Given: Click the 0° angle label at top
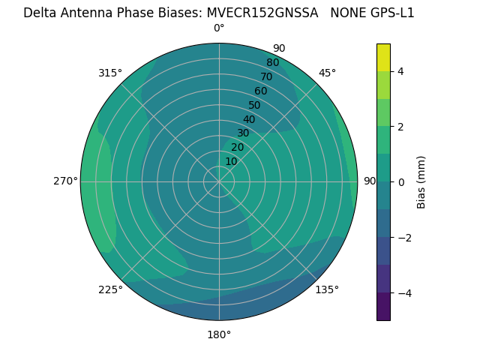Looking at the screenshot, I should [x=219, y=28].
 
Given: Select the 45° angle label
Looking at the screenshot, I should [x=327, y=73].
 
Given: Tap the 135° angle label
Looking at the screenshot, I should [x=327, y=289].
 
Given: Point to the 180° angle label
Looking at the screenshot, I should [x=219, y=334].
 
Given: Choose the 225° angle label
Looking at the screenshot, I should [x=110, y=290].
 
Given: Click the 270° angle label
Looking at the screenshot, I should [x=65, y=181].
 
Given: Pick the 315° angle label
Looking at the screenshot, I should [x=110, y=73].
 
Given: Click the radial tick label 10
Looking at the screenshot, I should [x=231, y=162].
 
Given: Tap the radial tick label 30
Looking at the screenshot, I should [x=243, y=133].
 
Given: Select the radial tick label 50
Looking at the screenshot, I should [x=255, y=106].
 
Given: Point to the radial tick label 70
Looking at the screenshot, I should [x=266, y=76].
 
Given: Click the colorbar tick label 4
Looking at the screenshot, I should [x=400, y=71].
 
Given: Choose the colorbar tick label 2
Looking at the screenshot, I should [x=400, y=127].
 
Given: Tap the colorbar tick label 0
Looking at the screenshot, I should [x=400, y=182].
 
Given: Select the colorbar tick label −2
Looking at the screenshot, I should [x=403, y=238].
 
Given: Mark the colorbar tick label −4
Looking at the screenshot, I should [x=403, y=293].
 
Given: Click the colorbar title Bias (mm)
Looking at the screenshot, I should [x=421, y=181].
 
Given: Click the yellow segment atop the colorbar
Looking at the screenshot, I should [x=383, y=57].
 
